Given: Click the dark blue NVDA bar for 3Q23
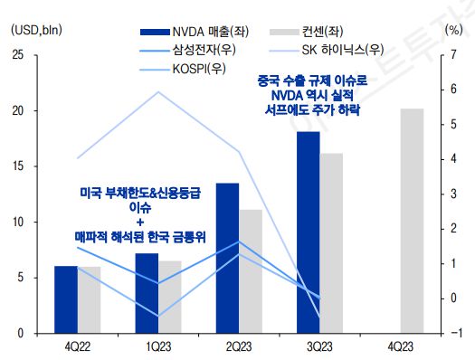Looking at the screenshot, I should coord(308,232).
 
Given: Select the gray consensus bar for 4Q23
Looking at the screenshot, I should coord(412,221).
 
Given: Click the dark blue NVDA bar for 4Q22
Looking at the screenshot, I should coord(66,299).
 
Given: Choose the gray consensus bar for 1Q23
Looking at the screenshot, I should coord(170,297).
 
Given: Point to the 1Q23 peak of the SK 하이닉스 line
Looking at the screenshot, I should coord(159,91).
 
